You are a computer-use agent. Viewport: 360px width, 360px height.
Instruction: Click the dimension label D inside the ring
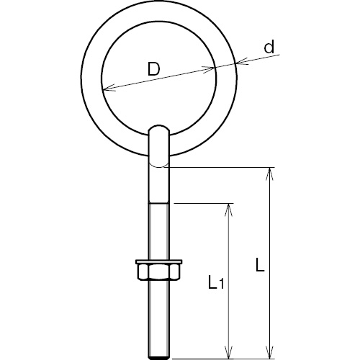[x=153, y=69]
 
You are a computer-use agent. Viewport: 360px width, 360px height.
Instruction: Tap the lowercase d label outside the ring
[x=269, y=47]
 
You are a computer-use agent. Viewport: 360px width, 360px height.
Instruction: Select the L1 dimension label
[x=216, y=282]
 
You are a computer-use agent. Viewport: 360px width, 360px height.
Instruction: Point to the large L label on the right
[x=260, y=264]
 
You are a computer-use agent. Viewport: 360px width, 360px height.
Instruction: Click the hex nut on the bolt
[x=158, y=271]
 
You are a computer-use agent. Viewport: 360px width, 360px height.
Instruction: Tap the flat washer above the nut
[x=158, y=261]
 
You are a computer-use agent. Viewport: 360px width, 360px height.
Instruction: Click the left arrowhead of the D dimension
[x=109, y=89]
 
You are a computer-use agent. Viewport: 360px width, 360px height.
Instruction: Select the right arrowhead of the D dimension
[x=208, y=70]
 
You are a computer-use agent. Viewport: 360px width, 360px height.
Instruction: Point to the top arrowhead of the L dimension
[x=270, y=174]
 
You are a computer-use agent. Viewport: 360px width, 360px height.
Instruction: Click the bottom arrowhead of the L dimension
[x=270, y=352]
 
